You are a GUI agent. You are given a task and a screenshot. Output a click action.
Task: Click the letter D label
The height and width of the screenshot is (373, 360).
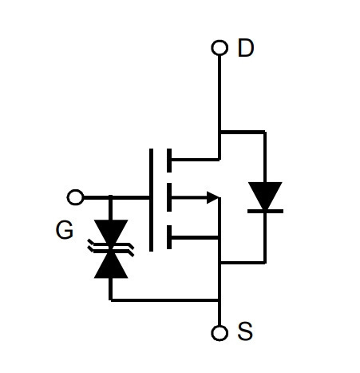coord(246,48)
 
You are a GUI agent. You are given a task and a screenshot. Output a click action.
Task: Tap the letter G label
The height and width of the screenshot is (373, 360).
coord(65,230)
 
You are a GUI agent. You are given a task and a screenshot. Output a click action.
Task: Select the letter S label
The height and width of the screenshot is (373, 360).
coord(245,331)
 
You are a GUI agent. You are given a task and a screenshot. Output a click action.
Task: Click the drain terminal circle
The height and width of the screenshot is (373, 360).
coord(220,48)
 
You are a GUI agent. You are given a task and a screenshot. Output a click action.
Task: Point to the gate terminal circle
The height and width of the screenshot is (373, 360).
coord(75,197)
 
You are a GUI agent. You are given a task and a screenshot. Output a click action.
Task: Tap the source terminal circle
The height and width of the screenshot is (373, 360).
coord(220,333)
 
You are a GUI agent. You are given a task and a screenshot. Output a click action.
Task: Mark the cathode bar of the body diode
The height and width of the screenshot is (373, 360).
coord(265,211)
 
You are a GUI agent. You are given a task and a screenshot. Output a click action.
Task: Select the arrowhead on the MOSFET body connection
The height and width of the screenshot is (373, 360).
coord(212,197)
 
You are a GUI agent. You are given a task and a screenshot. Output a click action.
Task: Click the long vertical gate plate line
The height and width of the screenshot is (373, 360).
coord(151,200)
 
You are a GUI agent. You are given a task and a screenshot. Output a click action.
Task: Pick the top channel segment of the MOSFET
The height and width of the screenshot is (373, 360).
coord(169,161)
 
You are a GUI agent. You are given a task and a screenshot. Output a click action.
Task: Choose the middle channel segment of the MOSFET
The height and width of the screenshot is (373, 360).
coord(169,197)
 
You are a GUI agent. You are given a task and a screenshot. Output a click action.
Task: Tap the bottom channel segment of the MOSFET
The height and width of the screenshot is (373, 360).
coord(169,237)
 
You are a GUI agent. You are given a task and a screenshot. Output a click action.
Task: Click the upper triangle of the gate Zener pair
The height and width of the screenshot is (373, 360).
coord(111,231)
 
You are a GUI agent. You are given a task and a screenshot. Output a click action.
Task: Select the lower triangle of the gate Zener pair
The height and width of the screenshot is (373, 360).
coord(111,265)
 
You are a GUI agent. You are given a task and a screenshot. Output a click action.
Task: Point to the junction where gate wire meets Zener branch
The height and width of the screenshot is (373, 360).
coord(110,197)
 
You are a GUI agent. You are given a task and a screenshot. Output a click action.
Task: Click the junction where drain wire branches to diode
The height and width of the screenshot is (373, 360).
coord(220,132)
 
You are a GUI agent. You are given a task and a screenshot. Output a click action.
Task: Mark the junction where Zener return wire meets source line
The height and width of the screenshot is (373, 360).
coord(220,300)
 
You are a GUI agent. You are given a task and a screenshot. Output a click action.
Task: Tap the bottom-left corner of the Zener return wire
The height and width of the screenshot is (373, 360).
coord(110,300)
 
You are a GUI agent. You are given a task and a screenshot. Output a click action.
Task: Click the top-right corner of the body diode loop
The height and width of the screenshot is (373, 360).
coord(265,132)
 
